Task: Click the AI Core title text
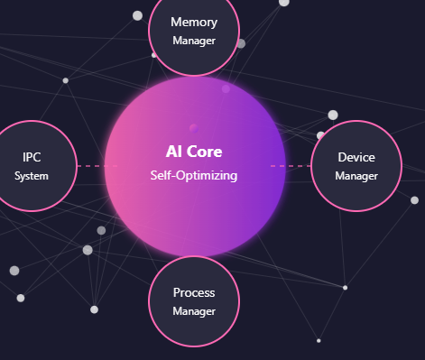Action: pyautogui.click(x=194, y=152)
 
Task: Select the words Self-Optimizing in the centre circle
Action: pyautogui.click(x=194, y=175)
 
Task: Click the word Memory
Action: pyautogui.click(x=194, y=22)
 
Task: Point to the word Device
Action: pyautogui.click(x=356, y=157)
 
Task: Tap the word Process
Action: pyautogui.click(x=194, y=292)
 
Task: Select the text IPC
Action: pyautogui.click(x=32, y=157)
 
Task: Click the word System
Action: pyautogui.click(x=32, y=176)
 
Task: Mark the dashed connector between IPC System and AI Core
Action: pyautogui.click(x=90, y=166)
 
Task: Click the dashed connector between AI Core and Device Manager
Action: pyautogui.click(x=298, y=166)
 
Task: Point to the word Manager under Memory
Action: pyautogui.click(x=194, y=41)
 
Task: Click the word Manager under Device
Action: pyautogui.click(x=356, y=176)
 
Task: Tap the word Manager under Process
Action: pyautogui.click(x=194, y=311)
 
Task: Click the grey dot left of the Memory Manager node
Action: pyautogui.click(x=137, y=15)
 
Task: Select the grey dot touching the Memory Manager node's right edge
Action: pyautogui.click(x=241, y=43)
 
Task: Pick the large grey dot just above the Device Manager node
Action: pyautogui.click(x=333, y=115)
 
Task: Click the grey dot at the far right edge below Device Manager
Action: pyautogui.click(x=415, y=200)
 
